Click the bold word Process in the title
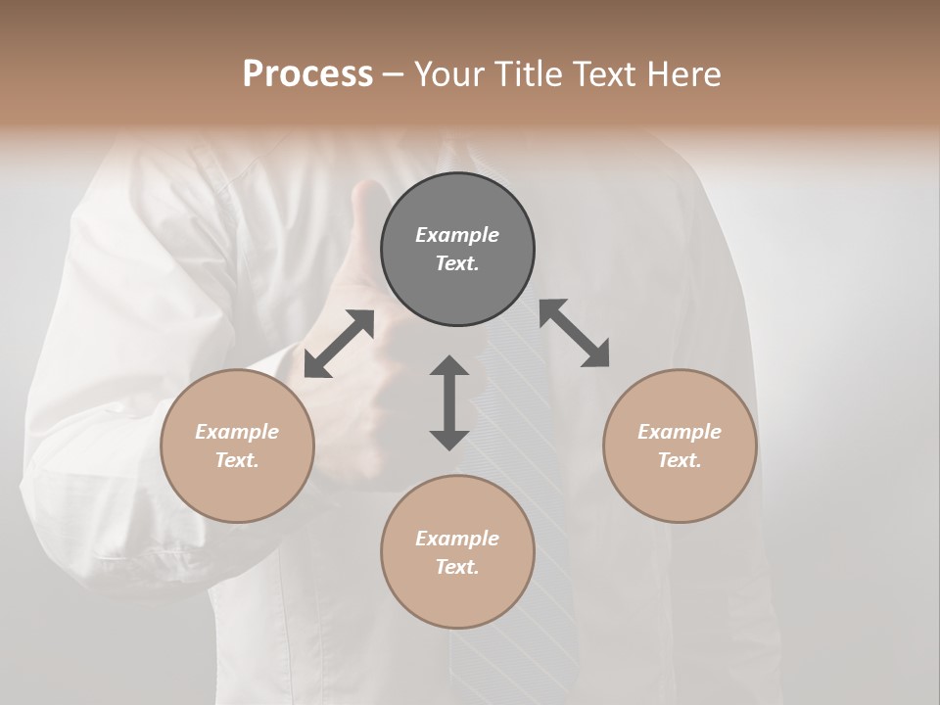click(307, 74)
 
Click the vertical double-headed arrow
click(449, 403)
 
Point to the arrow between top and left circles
click(339, 344)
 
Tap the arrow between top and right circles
click(574, 333)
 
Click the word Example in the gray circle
click(457, 235)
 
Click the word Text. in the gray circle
click(457, 263)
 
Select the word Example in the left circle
click(237, 432)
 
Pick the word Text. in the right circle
click(680, 460)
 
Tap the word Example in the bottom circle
click(457, 539)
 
